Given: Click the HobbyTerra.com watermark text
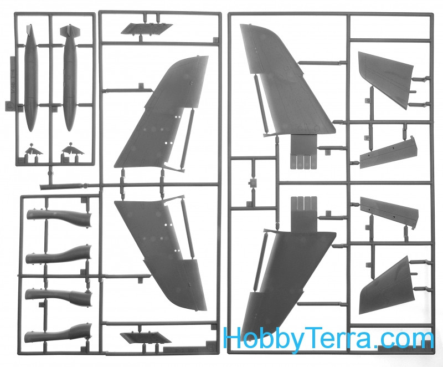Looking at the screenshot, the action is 328,338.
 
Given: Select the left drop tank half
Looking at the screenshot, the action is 31,78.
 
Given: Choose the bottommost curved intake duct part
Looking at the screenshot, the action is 58,334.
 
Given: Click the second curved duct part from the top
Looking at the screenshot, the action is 59,255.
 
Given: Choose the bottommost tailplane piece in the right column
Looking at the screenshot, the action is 387,286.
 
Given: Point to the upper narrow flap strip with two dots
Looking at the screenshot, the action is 389,152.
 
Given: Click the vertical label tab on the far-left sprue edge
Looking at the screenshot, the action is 11,82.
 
